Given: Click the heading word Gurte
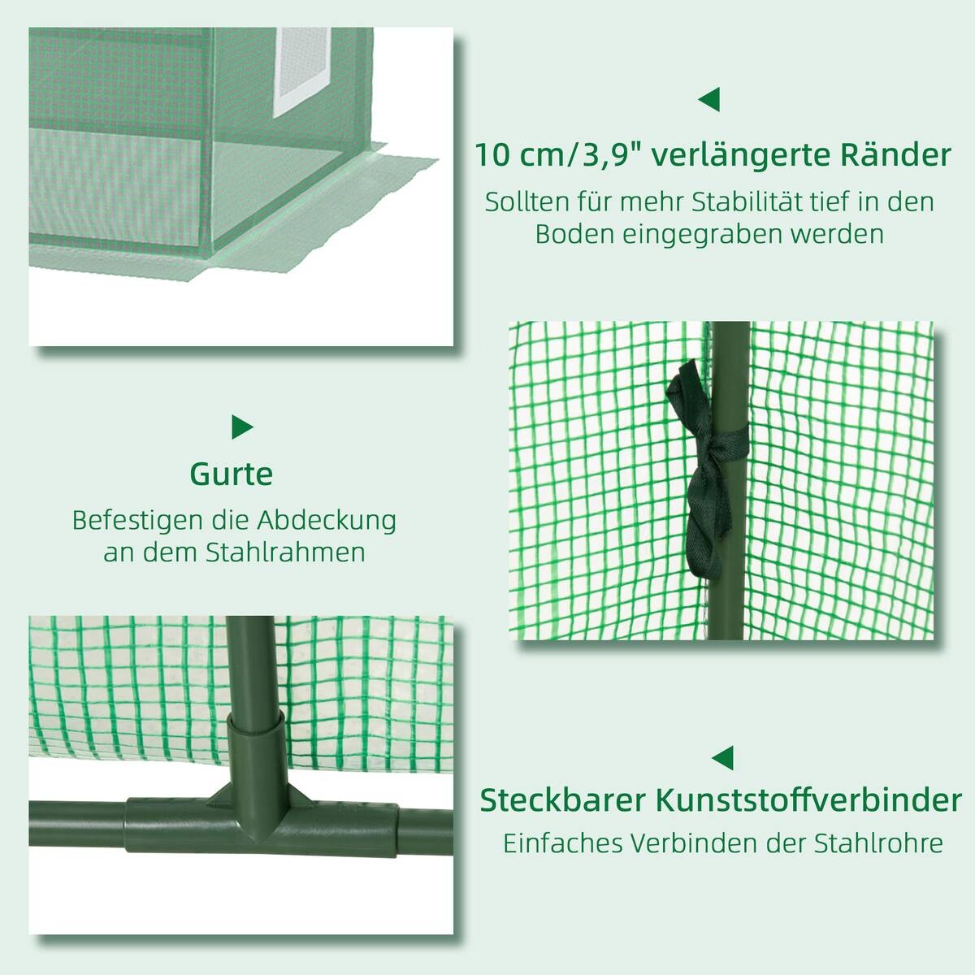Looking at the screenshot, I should tap(231, 474).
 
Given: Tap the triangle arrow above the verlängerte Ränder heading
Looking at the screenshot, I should tap(708, 100).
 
